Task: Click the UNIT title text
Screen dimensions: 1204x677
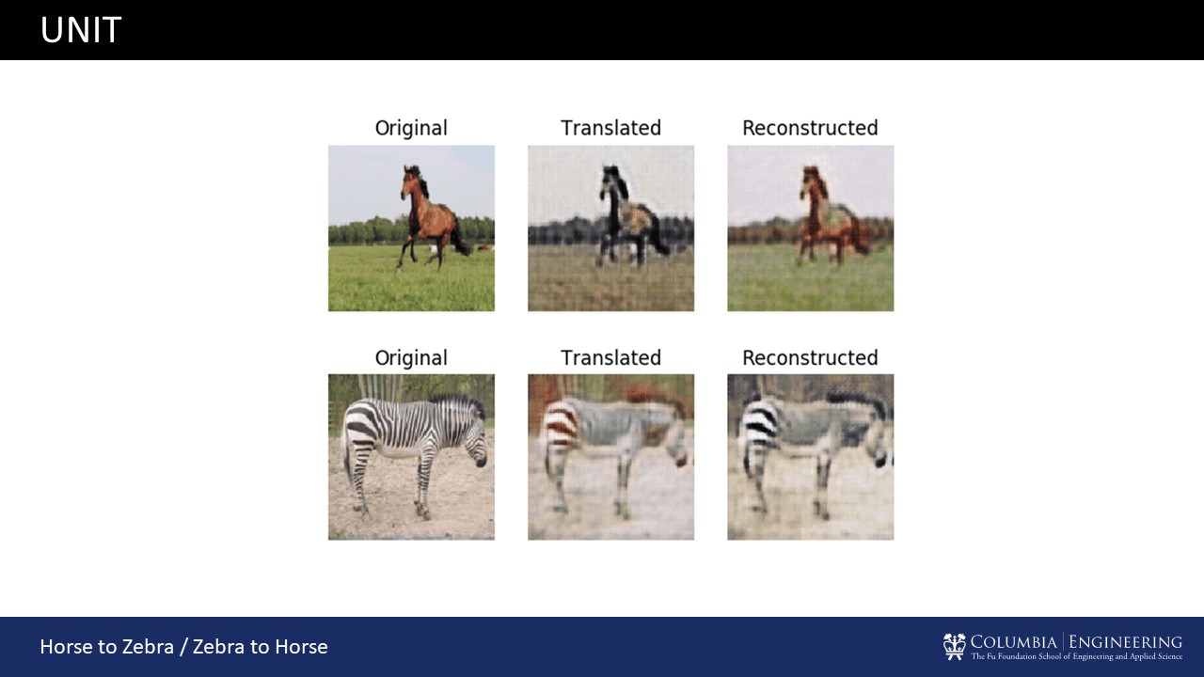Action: pyautogui.click(x=81, y=30)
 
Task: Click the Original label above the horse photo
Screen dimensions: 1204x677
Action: pyautogui.click(x=411, y=129)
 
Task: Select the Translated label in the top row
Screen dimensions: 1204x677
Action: pyautogui.click(x=610, y=128)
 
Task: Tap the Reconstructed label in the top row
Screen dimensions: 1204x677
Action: pyautogui.click(x=810, y=128)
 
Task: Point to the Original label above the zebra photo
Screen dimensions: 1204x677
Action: pyautogui.click(x=411, y=358)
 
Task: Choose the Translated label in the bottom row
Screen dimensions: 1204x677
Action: pyautogui.click(x=610, y=358)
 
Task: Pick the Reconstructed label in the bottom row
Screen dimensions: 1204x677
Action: pyautogui.click(x=810, y=358)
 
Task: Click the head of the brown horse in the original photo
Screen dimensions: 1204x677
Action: pyautogui.click(x=411, y=183)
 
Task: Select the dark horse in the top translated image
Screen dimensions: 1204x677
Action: pyautogui.click(x=629, y=216)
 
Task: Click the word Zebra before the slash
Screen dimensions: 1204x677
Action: pyautogui.click(x=148, y=646)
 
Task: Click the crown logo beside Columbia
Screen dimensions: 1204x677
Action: pyautogui.click(x=954, y=646)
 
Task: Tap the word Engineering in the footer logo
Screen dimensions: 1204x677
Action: pyautogui.click(x=1125, y=642)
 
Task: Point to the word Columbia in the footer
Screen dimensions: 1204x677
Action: pyautogui.click(x=1014, y=642)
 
